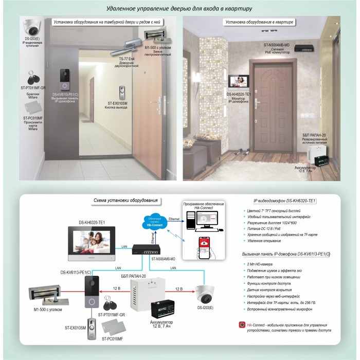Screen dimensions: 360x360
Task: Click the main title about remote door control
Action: (179, 9)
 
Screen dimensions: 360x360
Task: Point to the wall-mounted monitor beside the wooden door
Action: (239, 82)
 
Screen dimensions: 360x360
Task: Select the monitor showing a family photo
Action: (93, 244)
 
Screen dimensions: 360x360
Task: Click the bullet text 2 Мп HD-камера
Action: (262, 264)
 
